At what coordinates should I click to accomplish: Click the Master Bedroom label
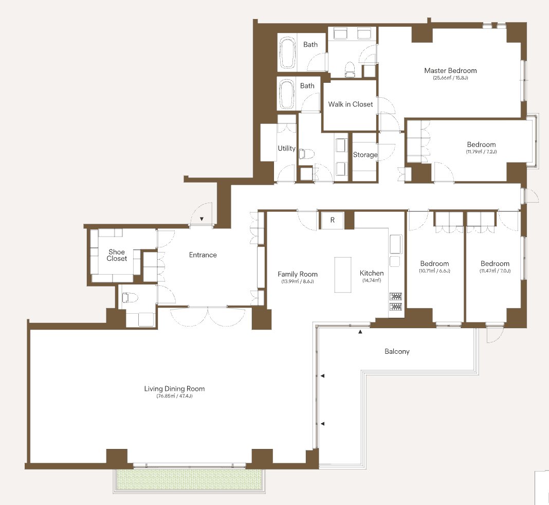coord(450,70)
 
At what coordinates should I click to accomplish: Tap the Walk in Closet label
coord(351,104)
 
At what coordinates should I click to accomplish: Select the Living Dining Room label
coord(174,389)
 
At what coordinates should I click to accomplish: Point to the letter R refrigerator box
coord(332,220)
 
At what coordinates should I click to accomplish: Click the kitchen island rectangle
coord(343,275)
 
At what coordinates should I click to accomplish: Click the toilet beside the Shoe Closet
coord(130,298)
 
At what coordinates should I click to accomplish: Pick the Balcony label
coord(397,351)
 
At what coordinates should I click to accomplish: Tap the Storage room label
coord(365,155)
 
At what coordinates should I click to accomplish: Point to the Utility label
coord(286,149)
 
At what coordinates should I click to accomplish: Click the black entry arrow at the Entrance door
coord(202,219)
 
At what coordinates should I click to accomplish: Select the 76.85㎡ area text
coord(174,396)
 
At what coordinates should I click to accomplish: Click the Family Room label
coord(298,274)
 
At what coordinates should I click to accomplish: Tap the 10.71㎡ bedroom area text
coord(434,270)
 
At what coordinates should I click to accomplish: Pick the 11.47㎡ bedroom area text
coord(495,270)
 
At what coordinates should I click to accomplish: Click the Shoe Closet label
coord(117,255)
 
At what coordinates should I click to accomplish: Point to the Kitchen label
coord(372,273)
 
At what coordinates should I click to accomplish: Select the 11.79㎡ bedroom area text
coord(481,152)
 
